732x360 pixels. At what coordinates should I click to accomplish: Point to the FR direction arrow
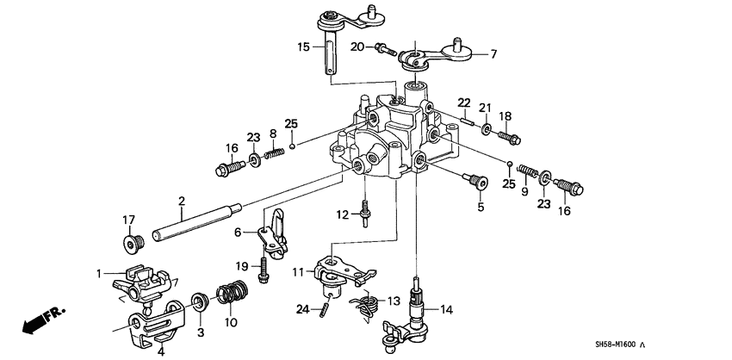click(34, 325)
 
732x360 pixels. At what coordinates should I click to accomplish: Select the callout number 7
click(493, 54)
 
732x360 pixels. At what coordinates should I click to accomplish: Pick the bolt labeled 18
click(508, 136)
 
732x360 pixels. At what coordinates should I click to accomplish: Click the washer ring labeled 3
click(199, 301)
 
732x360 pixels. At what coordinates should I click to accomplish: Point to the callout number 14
click(446, 309)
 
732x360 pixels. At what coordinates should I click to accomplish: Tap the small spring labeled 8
click(274, 154)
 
